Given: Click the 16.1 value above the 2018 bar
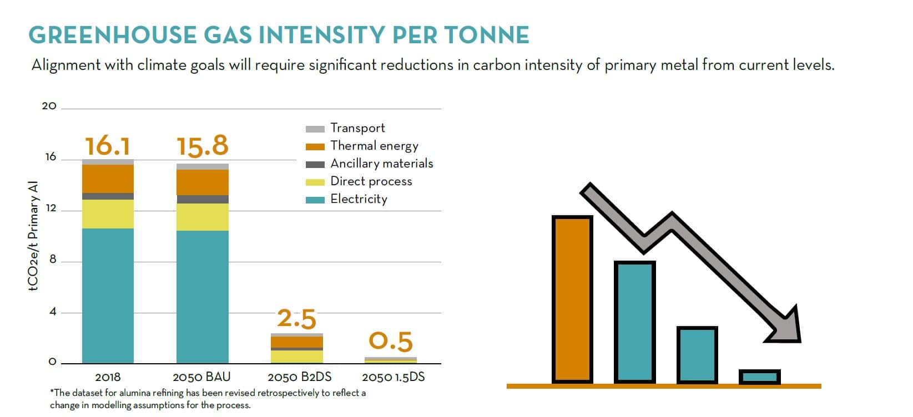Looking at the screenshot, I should click(108, 146).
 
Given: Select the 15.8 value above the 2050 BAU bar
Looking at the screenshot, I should click(203, 146).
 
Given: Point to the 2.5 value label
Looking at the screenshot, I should click(296, 319).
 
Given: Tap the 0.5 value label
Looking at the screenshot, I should click(391, 341).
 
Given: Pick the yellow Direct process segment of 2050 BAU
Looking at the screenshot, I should click(203, 217).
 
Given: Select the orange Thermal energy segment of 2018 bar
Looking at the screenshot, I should click(108, 179).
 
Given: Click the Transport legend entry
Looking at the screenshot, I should click(357, 128).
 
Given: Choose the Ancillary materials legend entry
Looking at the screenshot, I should click(381, 164).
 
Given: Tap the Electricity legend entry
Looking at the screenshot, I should click(359, 199).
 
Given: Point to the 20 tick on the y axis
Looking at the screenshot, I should click(49, 106).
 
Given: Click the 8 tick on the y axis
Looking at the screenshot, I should click(53, 260).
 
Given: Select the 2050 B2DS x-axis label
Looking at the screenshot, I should click(300, 377).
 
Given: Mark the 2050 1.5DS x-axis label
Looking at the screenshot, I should click(394, 377).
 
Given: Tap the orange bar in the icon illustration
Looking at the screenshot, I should click(572, 299).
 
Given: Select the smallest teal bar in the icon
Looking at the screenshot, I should click(760, 377).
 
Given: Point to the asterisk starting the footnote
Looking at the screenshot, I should click(52, 391).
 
